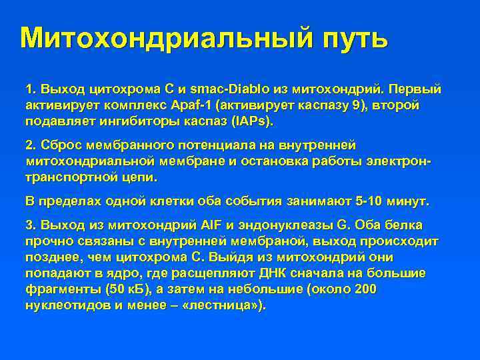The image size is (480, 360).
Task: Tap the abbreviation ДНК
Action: (267, 274)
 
